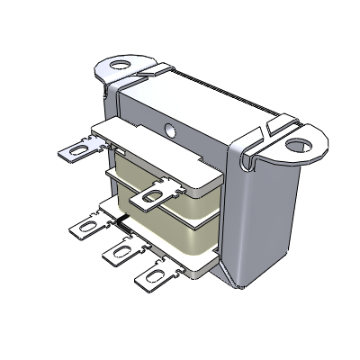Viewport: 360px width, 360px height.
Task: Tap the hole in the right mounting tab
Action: (x=297, y=141)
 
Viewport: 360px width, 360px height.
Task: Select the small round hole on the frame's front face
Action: (x=171, y=127)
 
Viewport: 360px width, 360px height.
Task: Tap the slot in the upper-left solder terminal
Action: (x=69, y=150)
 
